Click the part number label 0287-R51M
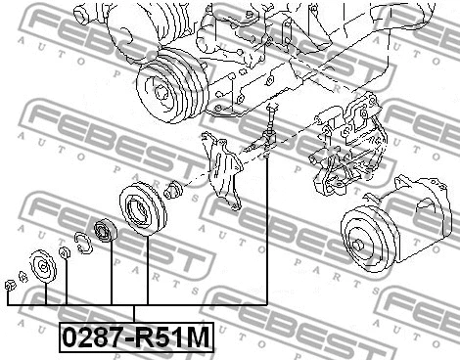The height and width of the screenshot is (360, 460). click(136, 337)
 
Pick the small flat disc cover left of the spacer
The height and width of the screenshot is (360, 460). click(42, 266)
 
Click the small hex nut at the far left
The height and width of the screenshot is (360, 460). click(9, 286)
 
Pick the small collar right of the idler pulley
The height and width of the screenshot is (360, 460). click(172, 190)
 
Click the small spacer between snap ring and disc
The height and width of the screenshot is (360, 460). click(65, 254)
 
